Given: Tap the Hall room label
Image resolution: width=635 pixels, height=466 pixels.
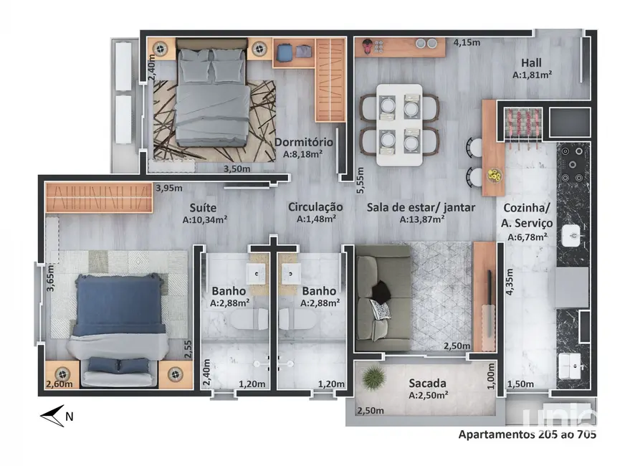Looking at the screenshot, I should point(531,62).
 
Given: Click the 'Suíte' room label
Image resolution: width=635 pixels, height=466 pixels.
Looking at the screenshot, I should point(205,207).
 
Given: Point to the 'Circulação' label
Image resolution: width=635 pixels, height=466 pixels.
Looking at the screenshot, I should point(312,207).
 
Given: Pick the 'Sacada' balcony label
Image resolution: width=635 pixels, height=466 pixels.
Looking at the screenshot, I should point(428,383).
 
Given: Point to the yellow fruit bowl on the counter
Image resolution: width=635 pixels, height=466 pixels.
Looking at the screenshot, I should point(494,174).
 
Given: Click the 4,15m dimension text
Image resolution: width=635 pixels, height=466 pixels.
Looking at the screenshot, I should point(467,42).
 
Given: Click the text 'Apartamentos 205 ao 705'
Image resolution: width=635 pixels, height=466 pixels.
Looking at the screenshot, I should point(527,434).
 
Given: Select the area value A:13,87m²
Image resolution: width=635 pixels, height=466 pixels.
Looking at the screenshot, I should point(422,220).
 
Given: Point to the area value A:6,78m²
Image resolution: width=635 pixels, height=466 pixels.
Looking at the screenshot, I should point(527,237).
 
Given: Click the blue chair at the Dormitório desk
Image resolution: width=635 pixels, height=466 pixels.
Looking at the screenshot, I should point(283,52).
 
